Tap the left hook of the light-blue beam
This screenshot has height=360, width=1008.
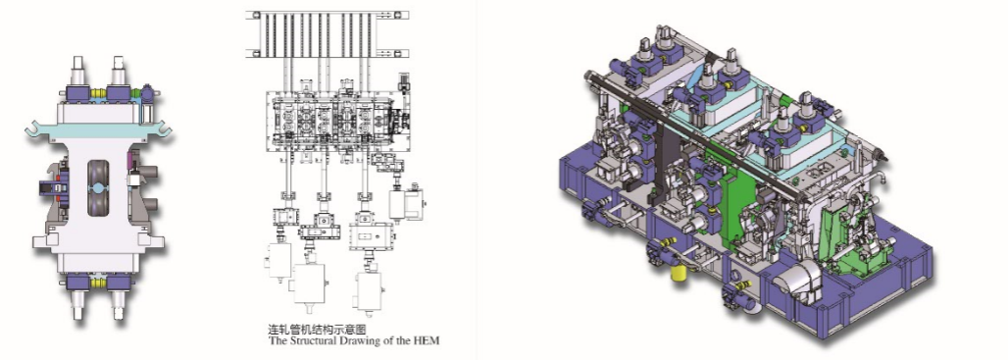(32, 130)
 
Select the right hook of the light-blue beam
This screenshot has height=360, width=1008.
(165, 130)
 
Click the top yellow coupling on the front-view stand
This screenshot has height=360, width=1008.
(98, 93)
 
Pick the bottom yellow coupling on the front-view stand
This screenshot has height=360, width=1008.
(98, 283)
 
